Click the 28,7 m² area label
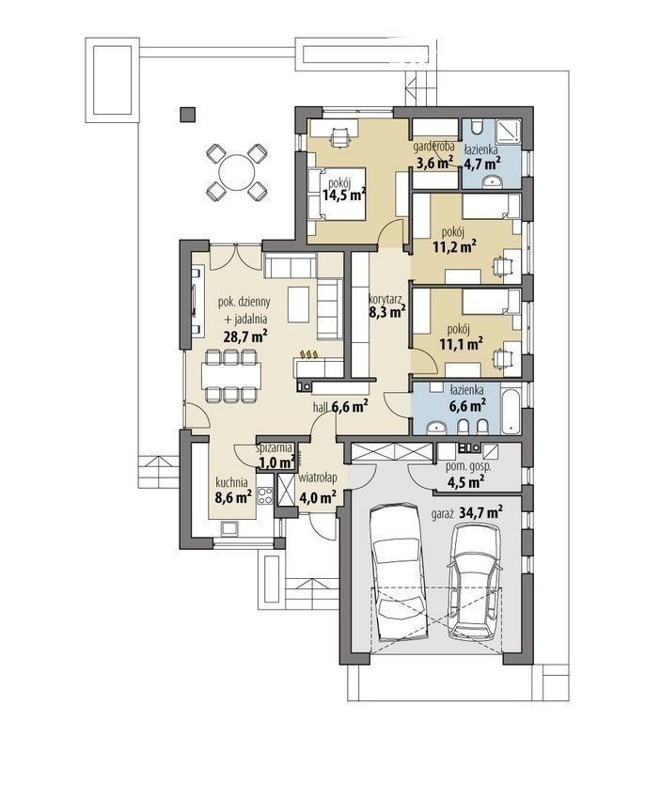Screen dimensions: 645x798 coord(246,336)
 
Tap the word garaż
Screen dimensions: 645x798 coord(443,513)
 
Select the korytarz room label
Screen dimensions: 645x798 coord(386,301)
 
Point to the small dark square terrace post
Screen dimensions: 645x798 coord(188,114)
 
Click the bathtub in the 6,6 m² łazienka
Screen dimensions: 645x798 coord(511,411)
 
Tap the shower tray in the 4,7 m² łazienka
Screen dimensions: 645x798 coord(506,133)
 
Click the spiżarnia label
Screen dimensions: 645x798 coord(275,448)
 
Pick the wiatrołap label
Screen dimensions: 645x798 coord(318,478)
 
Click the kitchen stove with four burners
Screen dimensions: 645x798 coord(265,495)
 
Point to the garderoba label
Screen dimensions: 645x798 coord(433,147)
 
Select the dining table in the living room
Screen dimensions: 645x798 coord(231,375)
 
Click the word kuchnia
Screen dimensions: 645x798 coord(231,481)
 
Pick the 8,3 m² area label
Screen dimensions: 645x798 coord(386,312)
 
